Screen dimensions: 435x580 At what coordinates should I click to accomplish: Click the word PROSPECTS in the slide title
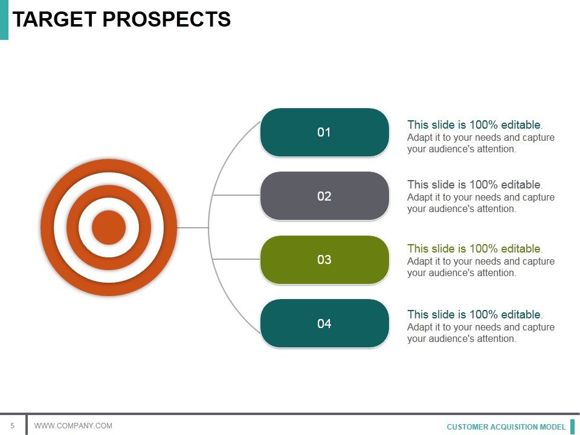(166, 19)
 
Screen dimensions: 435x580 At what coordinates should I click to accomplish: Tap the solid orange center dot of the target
(109, 228)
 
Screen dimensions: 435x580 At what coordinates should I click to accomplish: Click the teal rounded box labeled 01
(324, 132)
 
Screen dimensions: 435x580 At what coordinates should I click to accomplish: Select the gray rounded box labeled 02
(324, 196)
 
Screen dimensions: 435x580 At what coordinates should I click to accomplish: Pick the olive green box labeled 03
(324, 260)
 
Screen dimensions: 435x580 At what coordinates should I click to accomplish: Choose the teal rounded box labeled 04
(324, 323)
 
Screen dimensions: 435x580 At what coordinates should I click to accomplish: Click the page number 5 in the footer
(12, 426)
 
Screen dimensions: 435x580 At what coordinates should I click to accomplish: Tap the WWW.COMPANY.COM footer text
(73, 426)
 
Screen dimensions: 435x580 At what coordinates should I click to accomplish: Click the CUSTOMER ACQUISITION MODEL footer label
(506, 427)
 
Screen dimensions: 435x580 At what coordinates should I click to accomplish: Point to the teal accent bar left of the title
(4, 19)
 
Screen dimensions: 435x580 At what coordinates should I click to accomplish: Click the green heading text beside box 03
(474, 248)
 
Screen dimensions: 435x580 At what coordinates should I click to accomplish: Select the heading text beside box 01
(474, 125)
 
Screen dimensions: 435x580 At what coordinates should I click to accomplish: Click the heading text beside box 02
(474, 184)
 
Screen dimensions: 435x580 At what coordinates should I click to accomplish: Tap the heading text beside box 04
(474, 314)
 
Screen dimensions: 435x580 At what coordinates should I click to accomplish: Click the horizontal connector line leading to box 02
(236, 195)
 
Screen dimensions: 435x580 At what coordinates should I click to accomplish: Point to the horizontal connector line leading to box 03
(236, 259)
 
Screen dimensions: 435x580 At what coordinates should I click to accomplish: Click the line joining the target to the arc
(193, 228)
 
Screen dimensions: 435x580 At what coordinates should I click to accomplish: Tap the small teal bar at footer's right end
(572, 427)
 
